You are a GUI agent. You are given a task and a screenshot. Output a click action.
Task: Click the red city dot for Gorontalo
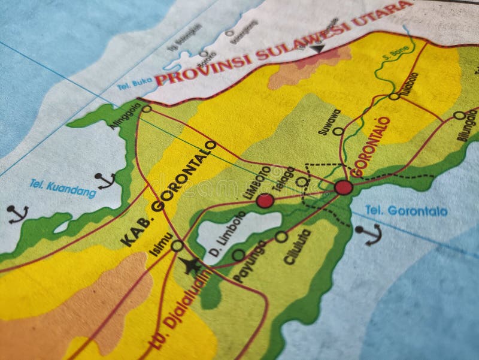point(344,187)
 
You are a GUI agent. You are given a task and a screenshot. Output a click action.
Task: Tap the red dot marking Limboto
point(265,201)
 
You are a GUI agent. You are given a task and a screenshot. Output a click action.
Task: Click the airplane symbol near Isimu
point(192,265)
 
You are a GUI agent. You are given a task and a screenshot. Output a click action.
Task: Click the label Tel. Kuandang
point(62,189)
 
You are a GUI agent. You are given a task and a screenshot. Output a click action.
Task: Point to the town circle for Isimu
point(177,246)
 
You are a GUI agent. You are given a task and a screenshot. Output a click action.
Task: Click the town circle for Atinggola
point(147,109)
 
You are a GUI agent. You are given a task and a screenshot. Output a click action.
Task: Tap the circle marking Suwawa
point(338,131)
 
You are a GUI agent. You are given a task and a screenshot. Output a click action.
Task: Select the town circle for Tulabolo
point(393,96)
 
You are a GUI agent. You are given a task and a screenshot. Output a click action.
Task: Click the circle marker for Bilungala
point(459,115)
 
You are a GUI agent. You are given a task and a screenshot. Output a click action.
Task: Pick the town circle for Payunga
point(238,255)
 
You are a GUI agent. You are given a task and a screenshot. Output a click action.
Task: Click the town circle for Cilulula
point(281,237)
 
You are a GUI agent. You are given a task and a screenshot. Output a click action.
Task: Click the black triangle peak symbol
point(317,49)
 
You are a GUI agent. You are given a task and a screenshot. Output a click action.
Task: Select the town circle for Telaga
point(302,181)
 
